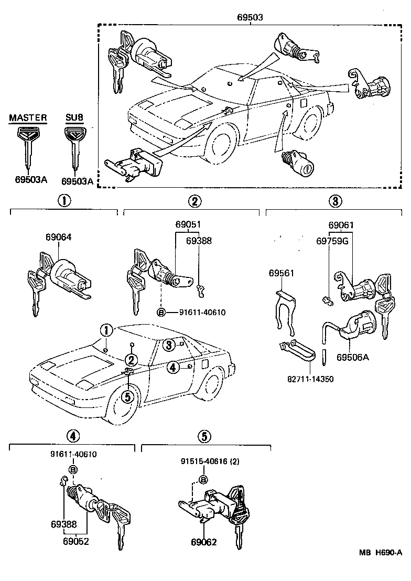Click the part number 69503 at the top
pyautogui.click(x=250, y=17)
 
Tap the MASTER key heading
pyautogui.click(x=28, y=118)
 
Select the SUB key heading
pyautogui.click(x=74, y=118)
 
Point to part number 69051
pyautogui.click(x=188, y=225)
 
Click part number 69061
pyautogui.click(x=341, y=225)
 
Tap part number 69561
pyautogui.click(x=282, y=273)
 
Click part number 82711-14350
pyautogui.click(x=307, y=379)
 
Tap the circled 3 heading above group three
pyautogui.click(x=336, y=201)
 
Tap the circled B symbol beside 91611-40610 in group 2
pyautogui.click(x=161, y=313)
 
